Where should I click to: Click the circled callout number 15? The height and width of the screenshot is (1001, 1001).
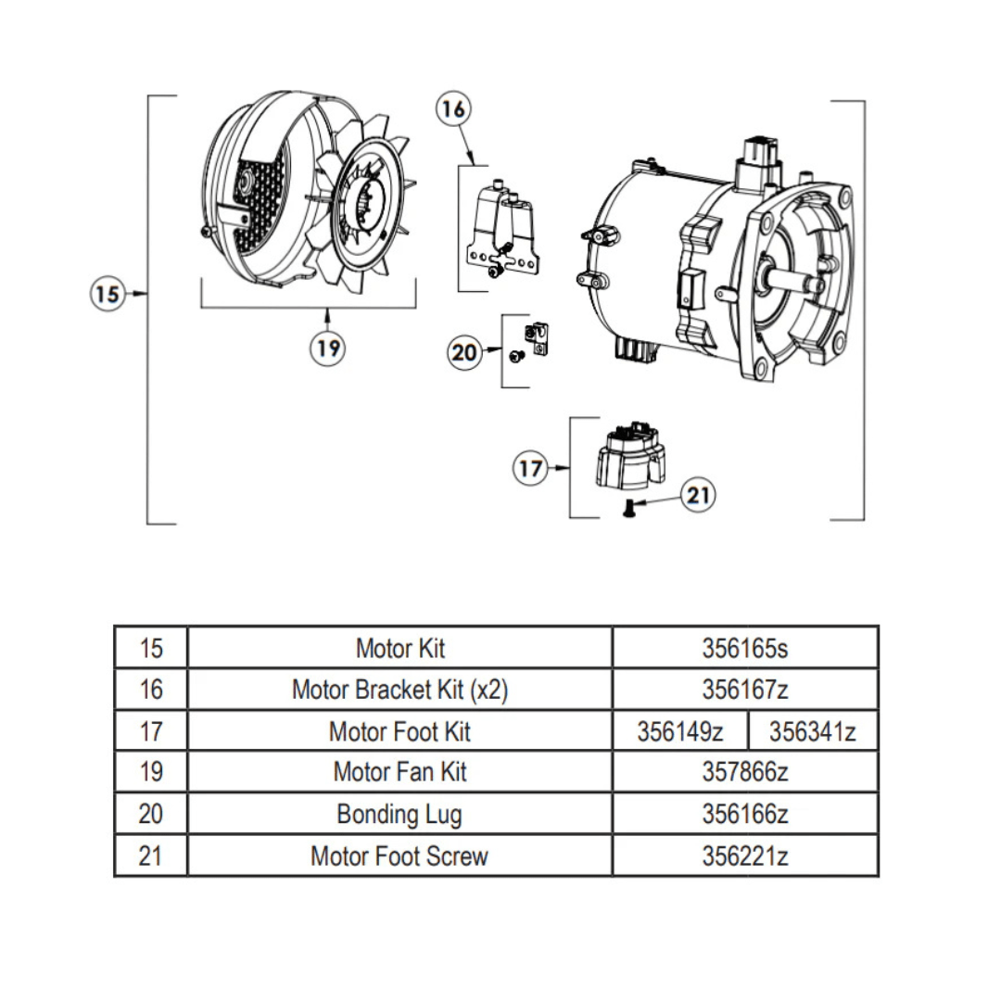[108, 294]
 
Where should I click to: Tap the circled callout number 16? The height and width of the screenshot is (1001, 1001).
[453, 109]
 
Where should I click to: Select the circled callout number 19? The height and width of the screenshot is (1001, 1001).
[326, 348]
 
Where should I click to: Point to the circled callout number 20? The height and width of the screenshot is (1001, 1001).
[465, 352]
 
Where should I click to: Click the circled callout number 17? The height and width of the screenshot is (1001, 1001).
[530, 469]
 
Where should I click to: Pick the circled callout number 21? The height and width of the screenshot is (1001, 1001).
[698, 496]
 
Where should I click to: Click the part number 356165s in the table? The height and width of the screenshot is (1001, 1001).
[744, 648]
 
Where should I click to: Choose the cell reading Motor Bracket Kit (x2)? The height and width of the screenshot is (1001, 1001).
[399, 690]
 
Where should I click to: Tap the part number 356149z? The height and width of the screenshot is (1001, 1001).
[679, 731]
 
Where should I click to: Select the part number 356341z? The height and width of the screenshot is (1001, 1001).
[812, 731]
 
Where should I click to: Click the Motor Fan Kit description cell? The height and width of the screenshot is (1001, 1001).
[399, 772]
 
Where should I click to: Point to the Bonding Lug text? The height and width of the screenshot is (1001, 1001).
[399, 814]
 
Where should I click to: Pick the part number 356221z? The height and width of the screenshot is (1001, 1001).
[744, 855]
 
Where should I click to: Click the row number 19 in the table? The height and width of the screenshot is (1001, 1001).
[150, 772]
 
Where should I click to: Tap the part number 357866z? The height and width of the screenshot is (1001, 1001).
[744, 772]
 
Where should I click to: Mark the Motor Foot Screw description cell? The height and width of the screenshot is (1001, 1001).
[399, 855]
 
